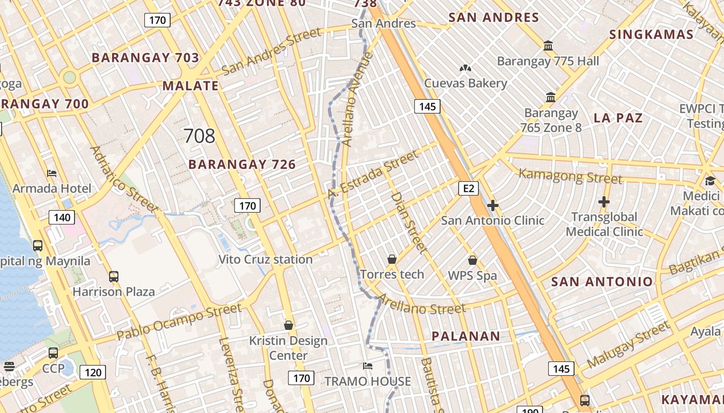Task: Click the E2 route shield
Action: point(469,188)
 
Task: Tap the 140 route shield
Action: point(62,217)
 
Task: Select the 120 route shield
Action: point(93,372)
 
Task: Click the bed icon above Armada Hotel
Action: point(52,173)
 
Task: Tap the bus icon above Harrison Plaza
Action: point(114,277)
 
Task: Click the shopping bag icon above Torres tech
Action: point(392,259)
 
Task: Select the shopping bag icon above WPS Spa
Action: point(472,260)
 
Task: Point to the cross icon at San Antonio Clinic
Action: point(493,206)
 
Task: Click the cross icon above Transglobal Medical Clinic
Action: point(604,202)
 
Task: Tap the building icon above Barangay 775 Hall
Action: point(548,46)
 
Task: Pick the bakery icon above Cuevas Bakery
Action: point(465,68)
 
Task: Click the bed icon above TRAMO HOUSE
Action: point(368,366)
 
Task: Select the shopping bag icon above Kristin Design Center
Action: point(289,325)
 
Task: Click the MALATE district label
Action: point(191,86)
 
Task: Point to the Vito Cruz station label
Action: point(265,259)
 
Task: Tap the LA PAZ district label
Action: point(618,118)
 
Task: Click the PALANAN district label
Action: point(466,336)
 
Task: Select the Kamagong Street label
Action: point(570,176)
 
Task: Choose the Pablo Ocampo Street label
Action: point(179,322)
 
